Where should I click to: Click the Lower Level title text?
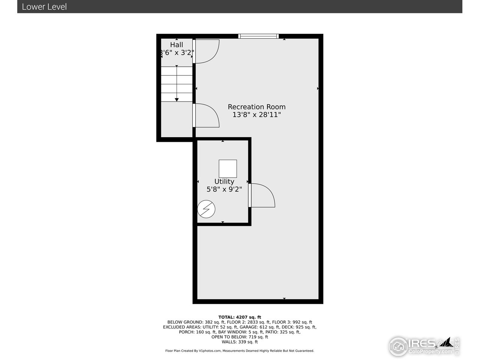tap(44, 7)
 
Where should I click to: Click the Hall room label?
tap(177, 45)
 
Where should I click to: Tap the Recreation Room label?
tap(256, 107)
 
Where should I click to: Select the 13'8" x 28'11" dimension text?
tap(256, 115)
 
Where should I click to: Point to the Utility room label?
tap(224, 181)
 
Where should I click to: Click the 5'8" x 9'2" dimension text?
tap(224, 189)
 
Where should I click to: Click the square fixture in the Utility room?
tap(228, 169)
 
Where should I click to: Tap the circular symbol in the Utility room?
tap(206, 209)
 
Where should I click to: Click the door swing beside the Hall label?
tap(206, 51)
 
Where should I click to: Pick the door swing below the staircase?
tap(206, 115)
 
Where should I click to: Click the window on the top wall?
tap(259, 36)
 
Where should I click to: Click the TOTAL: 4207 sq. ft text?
tap(240, 317)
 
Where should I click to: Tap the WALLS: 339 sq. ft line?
tap(240, 342)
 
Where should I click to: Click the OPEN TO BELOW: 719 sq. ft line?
tap(240, 337)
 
